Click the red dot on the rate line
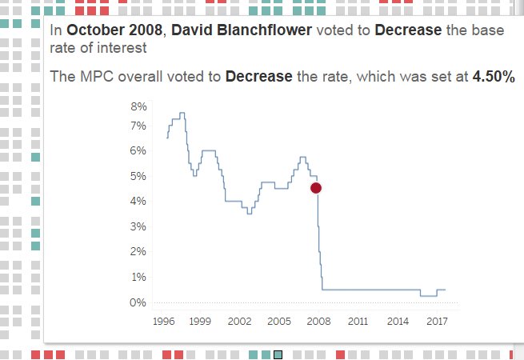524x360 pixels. (x=316, y=187)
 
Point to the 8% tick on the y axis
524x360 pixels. (x=139, y=106)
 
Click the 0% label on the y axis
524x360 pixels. (x=139, y=302)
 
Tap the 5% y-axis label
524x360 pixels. (x=139, y=176)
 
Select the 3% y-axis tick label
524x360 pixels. (x=139, y=226)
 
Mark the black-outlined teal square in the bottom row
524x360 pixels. (x=278, y=354)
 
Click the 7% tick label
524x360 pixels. (x=139, y=126)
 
